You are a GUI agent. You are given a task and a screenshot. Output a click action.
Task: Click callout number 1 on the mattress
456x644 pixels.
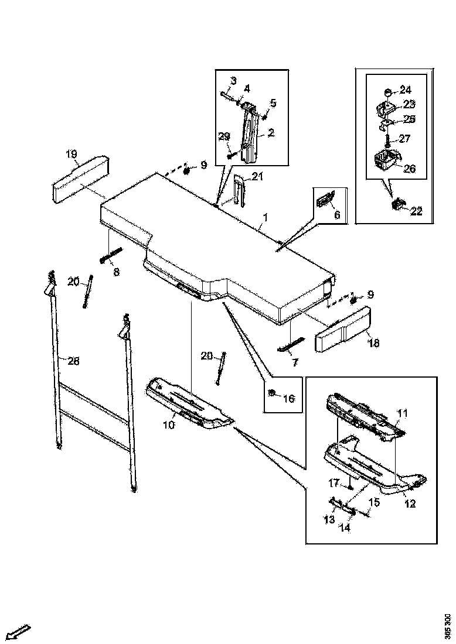click(x=266, y=217)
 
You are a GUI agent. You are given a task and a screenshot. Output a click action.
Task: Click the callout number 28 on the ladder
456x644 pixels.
click(x=73, y=361)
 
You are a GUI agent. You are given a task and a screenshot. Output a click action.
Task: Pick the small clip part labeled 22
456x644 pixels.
click(x=398, y=205)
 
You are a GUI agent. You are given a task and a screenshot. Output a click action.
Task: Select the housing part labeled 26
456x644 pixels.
click(x=385, y=159)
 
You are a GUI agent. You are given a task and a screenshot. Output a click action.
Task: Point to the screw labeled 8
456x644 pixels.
click(x=112, y=256)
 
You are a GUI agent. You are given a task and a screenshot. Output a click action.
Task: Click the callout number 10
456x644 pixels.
click(x=169, y=425)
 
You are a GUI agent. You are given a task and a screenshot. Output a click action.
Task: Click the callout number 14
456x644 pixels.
click(x=345, y=527)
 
